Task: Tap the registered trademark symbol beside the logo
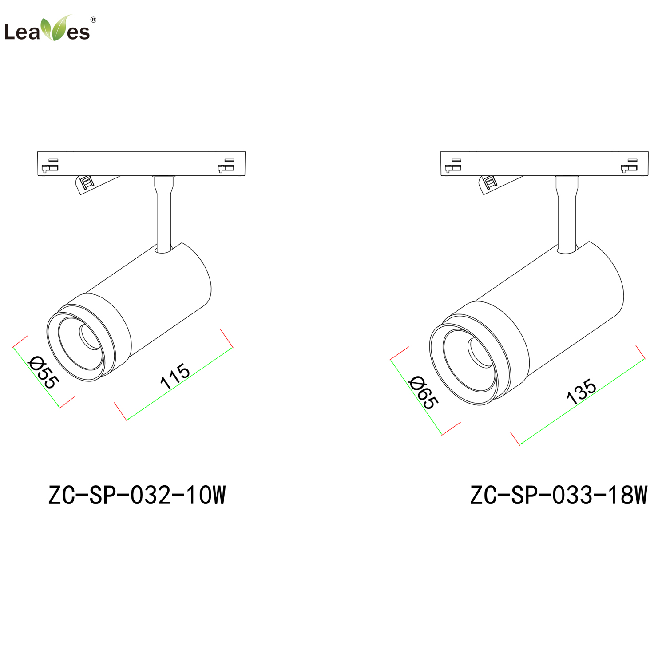[93, 20]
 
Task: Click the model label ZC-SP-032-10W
[137, 495]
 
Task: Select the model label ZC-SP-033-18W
[559, 495]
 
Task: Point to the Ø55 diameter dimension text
[43, 372]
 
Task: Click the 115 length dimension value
[175, 376]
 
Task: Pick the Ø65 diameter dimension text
[424, 392]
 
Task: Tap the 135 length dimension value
[581, 391]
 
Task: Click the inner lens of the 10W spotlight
[90, 337]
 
